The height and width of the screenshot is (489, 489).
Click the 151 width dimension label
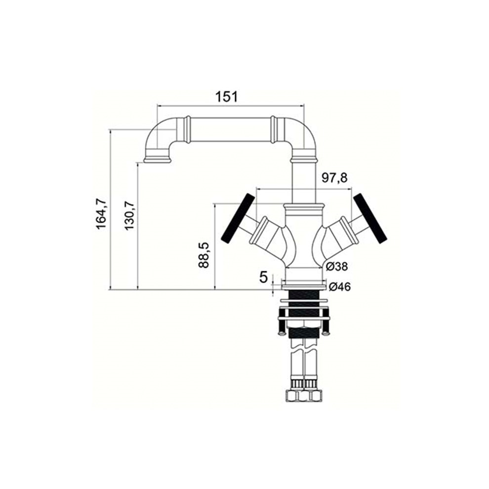tap(227, 97)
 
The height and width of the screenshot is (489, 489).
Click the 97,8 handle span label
tap(334, 178)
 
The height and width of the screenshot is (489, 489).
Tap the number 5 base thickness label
tap(264, 277)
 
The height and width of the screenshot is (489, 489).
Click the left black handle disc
tap(237, 217)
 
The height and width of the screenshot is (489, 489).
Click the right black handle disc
tap(371, 218)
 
